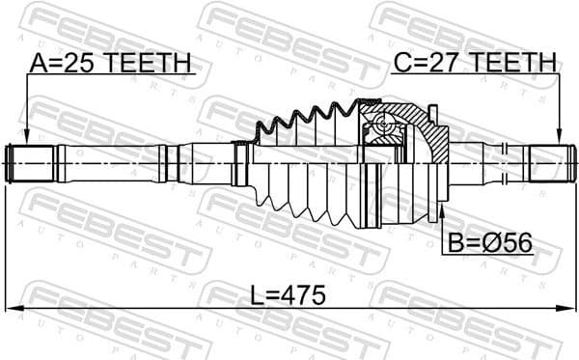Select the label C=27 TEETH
(x=474, y=64)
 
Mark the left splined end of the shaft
(x=31, y=163)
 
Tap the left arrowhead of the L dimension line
(x=12, y=308)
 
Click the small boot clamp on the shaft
(x=241, y=164)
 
